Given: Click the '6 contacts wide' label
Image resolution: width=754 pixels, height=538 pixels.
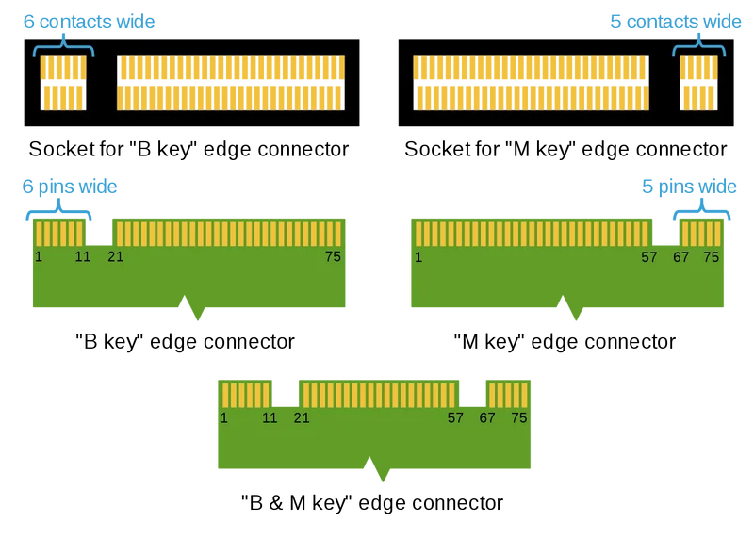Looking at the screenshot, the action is [x=89, y=22].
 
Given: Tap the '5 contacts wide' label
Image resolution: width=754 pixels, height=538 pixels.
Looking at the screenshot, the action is [x=676, y=22].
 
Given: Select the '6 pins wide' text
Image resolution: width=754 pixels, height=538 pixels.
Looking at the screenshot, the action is [x=70, y=187].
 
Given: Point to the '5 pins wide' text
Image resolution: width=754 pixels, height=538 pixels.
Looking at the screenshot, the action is [x=689, y=187].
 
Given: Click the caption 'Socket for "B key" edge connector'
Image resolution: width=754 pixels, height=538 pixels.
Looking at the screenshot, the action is [x=188, y=149].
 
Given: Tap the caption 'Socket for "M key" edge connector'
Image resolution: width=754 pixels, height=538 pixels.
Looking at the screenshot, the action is [x=565, y=149].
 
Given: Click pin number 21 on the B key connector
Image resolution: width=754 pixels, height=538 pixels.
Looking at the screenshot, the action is [x=115, y=256].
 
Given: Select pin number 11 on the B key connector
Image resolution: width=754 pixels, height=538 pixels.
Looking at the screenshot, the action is [x=83, y=256].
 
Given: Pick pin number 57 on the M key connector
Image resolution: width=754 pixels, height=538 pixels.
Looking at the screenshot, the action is [x=649, y=257].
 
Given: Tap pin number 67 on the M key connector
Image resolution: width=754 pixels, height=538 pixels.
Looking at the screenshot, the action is [x=680, y=257].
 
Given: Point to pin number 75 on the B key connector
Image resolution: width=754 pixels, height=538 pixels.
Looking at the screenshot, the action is [x=333, y=256].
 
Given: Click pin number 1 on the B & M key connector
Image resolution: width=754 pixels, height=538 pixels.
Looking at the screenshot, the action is [x=224, y=417].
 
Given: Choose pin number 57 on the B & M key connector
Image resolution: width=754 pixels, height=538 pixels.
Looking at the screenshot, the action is [x=455, y=417].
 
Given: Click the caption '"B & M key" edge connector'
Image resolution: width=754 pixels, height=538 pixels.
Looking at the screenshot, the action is [x=372, y=503].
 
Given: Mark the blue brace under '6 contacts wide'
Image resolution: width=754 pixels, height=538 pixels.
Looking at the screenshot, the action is [x=63, y=46].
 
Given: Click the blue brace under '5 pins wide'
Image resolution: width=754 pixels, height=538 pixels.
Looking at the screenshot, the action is [x=702, y=211].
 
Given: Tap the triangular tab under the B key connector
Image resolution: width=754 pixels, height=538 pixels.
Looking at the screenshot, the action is [x=191, y=308].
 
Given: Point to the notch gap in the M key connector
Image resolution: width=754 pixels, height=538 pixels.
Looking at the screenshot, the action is [x=665, y=233].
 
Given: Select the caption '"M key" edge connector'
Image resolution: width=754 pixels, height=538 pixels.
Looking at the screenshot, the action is [x=565, y=342].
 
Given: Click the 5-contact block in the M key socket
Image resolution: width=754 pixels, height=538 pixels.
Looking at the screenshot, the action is [x=698, y=82].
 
